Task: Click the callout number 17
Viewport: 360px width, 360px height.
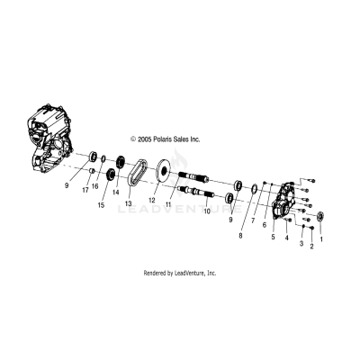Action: [x=85, y=190]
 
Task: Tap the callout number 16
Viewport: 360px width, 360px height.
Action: [x=94, y=186]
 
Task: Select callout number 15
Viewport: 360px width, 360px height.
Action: [x=101, y=205]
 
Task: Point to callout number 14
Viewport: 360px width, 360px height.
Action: [x=116, y=193]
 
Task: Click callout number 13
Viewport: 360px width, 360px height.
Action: [x=129, y=203]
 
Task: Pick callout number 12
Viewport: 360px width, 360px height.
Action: [x=154, y=200]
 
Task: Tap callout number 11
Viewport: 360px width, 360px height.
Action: [x=167, y=204]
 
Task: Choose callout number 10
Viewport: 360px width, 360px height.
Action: [x=207, y=211]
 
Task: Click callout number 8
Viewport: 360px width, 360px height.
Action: [x=240, y=236]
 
